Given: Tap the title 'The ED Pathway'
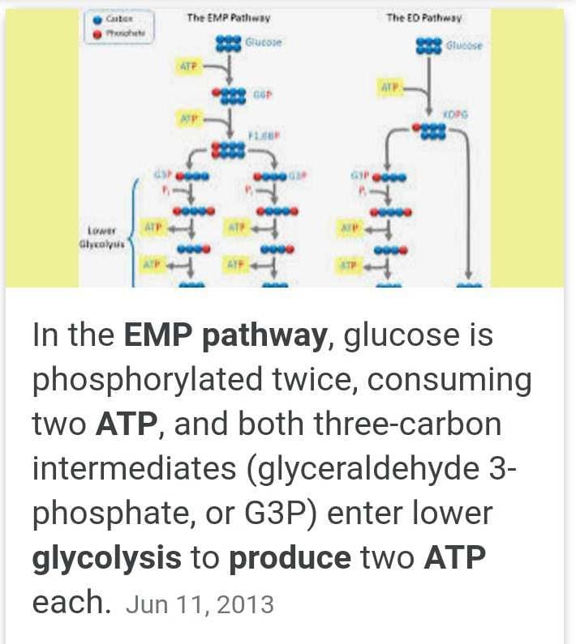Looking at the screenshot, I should [x=435, y=17].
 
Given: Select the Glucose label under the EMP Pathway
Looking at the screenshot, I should [x=264, y=41].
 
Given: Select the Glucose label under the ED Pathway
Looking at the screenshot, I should [x=463, y=46].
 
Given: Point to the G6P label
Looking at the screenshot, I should [x=262, y=95].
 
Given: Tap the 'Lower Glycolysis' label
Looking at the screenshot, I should [x=106, y=236].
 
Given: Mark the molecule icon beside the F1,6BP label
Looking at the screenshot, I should [x=228, y=149].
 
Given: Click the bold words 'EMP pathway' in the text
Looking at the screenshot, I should [x=225, y=335].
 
